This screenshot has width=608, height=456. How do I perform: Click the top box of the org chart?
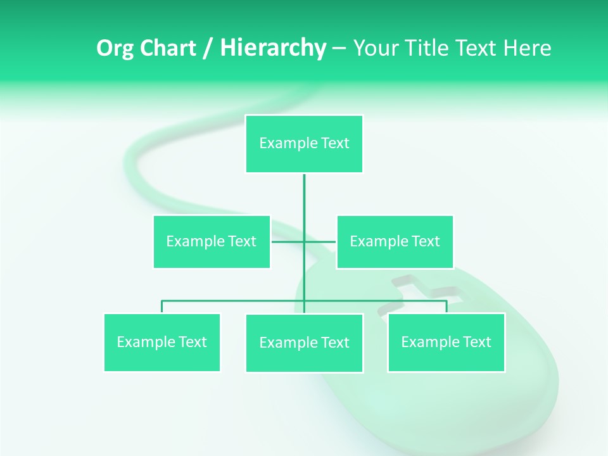pos(304,144)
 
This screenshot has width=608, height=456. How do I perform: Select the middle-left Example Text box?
pos(212,241)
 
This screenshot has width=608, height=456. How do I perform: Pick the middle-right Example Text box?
pos(395,241)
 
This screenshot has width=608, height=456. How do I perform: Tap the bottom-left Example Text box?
pos(162,342)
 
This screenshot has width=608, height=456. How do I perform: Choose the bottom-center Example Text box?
pos(304,343)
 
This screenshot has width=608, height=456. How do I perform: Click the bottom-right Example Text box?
pos(446,342)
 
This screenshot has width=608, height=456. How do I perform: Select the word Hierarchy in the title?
pos(273,48)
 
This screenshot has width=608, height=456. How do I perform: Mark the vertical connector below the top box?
pos(304,203)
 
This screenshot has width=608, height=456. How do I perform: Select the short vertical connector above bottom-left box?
pos(162,307)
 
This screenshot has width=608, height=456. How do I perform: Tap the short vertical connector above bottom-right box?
pos(446,307)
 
